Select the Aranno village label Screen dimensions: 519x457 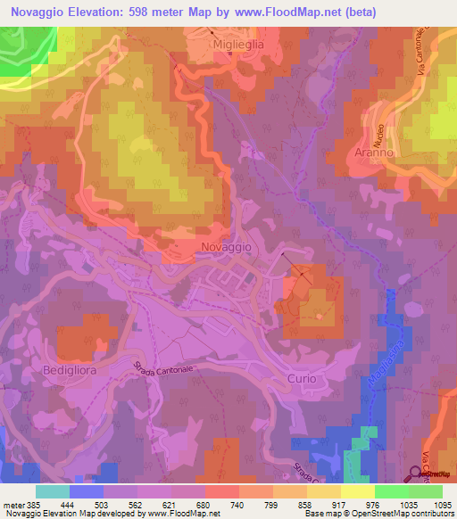[373, 152]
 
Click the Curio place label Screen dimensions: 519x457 [302, 379]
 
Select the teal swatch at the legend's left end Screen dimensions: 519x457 [53, 490]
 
